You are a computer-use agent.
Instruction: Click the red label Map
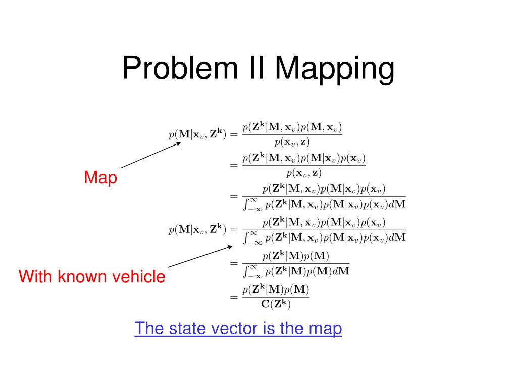(x=100, y=178)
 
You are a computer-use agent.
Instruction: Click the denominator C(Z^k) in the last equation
(x=275, y=305)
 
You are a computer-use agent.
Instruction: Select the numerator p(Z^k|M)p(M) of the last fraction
(x=275, y=290)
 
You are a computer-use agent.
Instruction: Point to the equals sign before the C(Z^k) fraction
(x=233, y=298)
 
